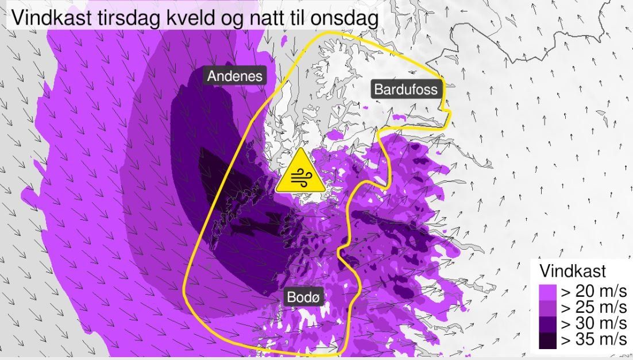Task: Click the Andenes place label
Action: point(235,76)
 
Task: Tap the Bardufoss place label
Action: point(406,89)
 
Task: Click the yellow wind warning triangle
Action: point(300,173)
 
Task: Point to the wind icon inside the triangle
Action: point(300,178)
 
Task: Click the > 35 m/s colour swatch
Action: point(548,340)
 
